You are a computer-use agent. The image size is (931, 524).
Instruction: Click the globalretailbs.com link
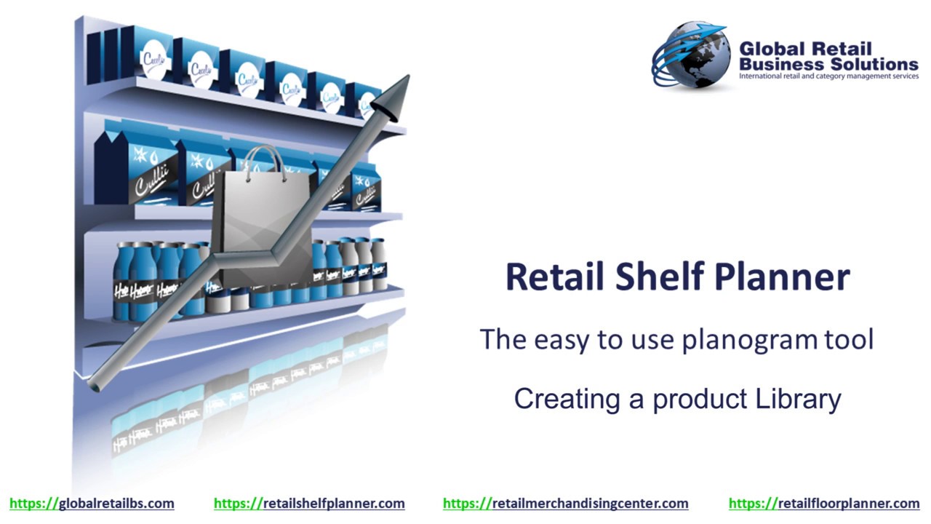tap(92, 503)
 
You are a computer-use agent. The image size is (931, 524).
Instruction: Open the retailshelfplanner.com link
tap(309, 503)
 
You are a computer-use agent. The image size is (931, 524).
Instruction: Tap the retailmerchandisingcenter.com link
tap(565, 503)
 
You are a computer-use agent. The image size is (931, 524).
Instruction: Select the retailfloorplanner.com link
tap(824, 503)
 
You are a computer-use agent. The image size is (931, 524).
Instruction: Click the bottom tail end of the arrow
tap(93, 381)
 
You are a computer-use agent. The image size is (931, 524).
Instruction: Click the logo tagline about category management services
tap(828, 76)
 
